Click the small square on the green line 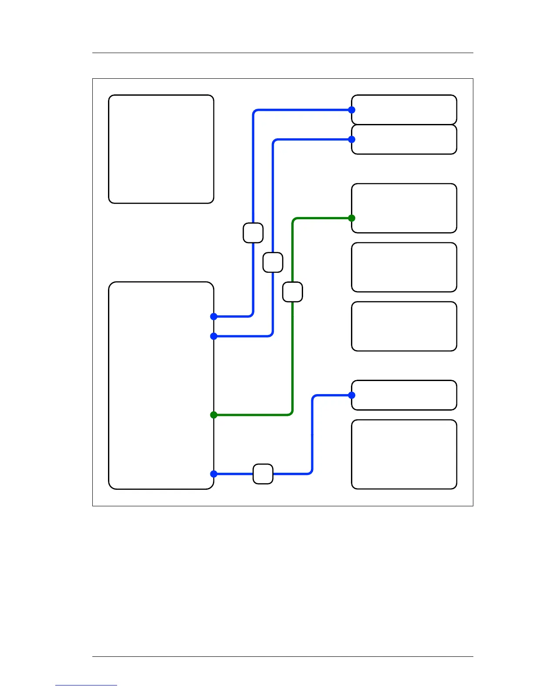(292, 292)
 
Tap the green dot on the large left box (214, 415)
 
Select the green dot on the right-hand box (352, 218)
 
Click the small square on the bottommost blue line (263, 474)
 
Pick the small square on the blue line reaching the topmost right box (253, 233)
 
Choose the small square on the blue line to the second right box (273, 262)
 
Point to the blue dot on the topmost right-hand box (352, 110)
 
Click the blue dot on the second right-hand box (352, 139)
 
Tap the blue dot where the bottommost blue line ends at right (352, 395)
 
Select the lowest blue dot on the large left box (214, 474)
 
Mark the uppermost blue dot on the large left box (214, 317)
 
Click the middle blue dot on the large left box (214, 336)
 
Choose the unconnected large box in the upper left (161, 149)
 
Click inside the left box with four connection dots (161, 385)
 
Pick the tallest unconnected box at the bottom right (404, 454)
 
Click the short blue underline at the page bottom (86, 685)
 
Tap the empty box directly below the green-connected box (404, 267)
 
